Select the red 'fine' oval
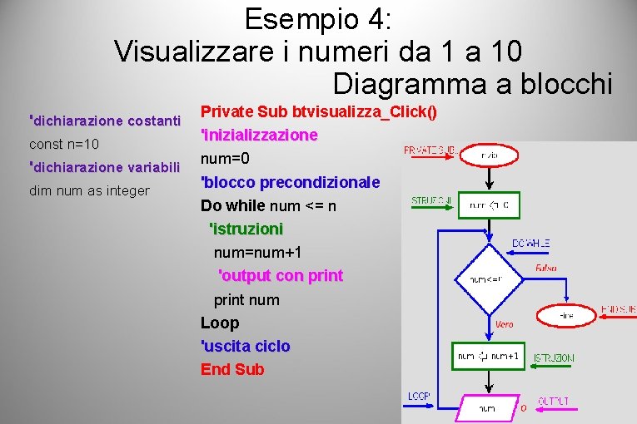[x=566, y=316]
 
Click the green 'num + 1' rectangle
[x=489, y=357]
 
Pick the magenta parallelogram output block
[x=486, y=408]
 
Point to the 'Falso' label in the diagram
[x=546, y=269]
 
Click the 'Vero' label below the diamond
[x=504, y=324]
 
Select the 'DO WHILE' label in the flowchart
[x=531, y=244]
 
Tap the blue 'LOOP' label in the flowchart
[x=419, y=397]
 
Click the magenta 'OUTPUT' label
[x=554, y=402]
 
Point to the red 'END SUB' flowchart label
[x=618, y=309]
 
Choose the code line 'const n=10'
[x=64, y=145]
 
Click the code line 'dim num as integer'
[x=89, y=191]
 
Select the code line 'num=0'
[x=225, y=158]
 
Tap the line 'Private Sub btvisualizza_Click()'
[x=320, y=111]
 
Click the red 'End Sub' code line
[x=232, y=369]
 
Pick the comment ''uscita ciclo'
[x=246, y=346]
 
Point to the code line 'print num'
[x=246, y=299]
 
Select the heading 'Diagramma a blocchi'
[x=472, y=84]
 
